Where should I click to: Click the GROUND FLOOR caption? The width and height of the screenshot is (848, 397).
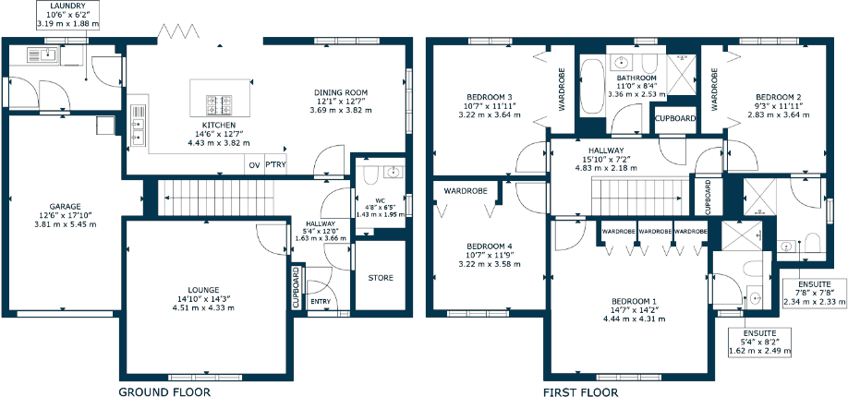click(x=164, y=391)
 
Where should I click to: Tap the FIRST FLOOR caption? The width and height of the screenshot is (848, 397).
click(x=580, y=391)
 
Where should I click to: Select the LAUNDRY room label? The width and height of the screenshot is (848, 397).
click(x=69, y=6)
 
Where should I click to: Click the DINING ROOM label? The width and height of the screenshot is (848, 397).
click(x=341, y=92)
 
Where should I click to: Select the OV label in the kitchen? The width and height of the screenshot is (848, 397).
click(x=253, y=165)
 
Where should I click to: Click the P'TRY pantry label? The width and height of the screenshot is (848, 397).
click(x=275, y=165)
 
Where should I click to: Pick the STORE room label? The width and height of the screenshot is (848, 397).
click(x=381, y=277)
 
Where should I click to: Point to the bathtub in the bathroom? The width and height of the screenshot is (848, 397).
click(x=591, y=90)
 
